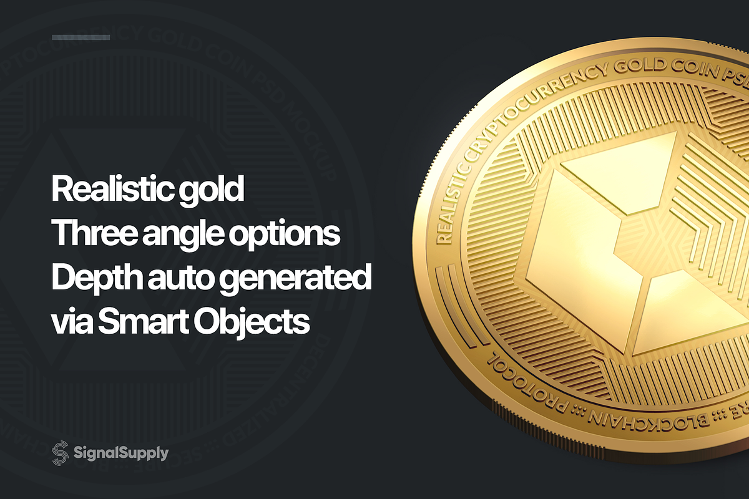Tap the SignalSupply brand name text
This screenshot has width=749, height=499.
tap(120, 453)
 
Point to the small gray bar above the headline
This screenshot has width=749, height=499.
tap(81, 37)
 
